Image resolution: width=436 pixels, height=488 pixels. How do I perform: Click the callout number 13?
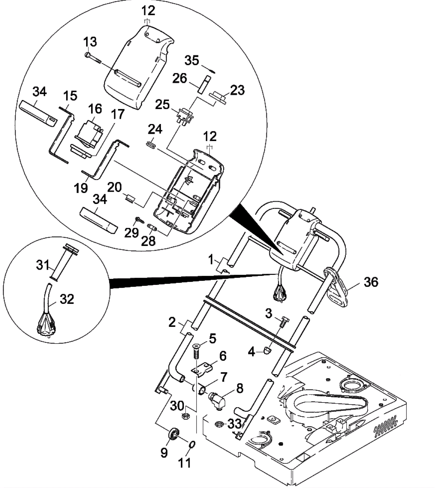pos(90,42)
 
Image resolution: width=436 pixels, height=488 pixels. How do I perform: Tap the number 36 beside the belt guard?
pos(371,282)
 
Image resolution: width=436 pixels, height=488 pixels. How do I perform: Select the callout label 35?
pos(192,60)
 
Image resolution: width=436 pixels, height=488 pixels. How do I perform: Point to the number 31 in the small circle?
pos(43,265)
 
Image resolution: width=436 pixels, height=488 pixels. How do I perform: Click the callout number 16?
pos(95,109)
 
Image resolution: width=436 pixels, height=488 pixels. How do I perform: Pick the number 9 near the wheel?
pos(164,453)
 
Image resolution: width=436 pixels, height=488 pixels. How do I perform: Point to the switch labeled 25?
pos(185,116)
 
